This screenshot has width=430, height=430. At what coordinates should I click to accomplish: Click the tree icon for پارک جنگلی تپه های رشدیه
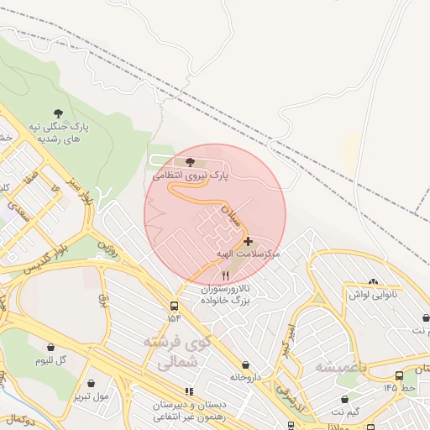(x=58, y=112)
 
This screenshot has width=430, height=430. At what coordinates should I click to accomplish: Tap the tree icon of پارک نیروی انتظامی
(x=191, y=161)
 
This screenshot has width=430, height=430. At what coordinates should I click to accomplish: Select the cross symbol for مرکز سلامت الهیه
(x=247, y=241)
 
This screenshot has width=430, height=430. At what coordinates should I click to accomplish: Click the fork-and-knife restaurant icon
(x=224, y=275)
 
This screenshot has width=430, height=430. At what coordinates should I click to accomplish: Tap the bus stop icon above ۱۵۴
(x=174, y=306)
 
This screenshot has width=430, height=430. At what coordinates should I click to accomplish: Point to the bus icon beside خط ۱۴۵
(x=398, y=375)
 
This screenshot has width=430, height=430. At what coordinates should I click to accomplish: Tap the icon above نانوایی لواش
(x=373, y=283)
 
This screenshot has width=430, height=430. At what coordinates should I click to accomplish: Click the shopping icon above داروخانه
(x=245, y=364)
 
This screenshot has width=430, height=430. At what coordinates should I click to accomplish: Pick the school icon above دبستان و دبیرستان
(x=189, y=391)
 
